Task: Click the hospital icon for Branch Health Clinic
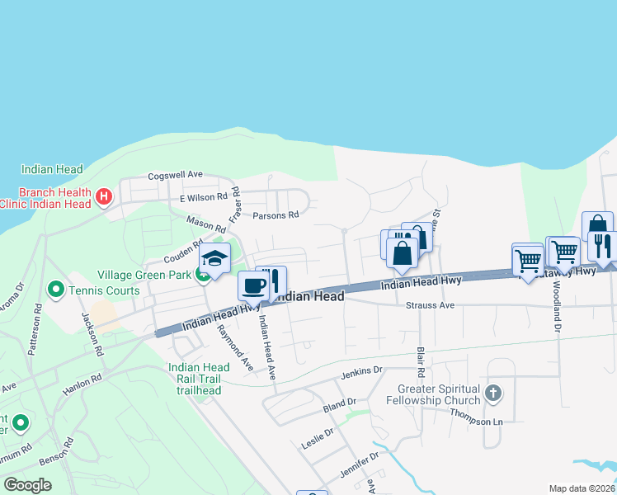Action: point(104,196)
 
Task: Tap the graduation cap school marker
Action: point(214,261)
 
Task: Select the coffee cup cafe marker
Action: point(253,286)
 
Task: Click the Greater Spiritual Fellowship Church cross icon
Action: point(493,393)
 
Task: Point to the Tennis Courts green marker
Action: point(56,289)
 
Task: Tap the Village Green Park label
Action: point(146,275)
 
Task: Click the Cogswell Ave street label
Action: point(175,175)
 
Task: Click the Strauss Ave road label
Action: point(431,305)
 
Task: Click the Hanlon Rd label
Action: point(84,378)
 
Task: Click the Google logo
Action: point(27,485)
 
